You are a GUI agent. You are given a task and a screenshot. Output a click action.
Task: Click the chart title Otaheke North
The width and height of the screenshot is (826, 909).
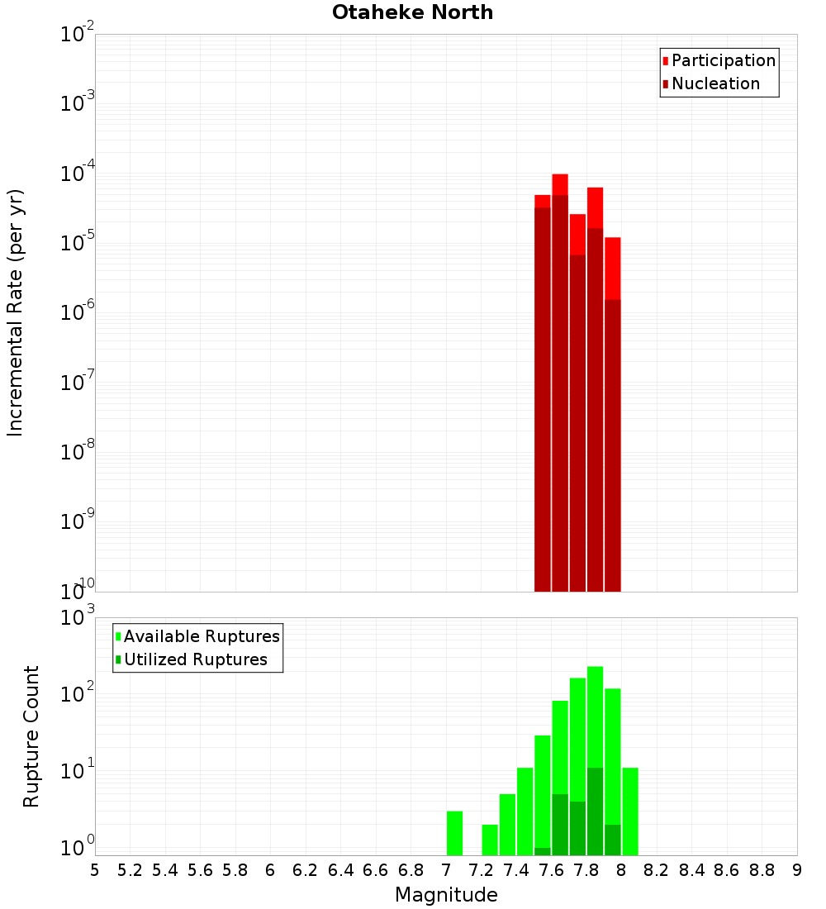[412, 12]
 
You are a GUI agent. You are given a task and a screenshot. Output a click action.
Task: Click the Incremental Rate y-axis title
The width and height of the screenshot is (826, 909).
[16, 312]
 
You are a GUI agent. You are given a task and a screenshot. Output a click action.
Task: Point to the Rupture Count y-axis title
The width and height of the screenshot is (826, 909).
[31, 736]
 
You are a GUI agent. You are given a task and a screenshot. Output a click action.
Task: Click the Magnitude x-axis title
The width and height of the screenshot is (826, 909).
[446, 895]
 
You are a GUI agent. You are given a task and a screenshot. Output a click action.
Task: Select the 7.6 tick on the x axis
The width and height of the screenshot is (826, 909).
[551, 869]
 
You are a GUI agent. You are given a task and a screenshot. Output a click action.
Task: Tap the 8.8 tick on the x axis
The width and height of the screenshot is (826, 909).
[762, 869]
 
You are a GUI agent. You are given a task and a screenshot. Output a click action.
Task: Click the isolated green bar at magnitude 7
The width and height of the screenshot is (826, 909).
[454, 833]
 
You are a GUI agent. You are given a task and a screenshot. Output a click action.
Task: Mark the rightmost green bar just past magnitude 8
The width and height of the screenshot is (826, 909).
[630, 811]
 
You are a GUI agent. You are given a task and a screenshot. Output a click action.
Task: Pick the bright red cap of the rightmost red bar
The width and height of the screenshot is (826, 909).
[612, 268]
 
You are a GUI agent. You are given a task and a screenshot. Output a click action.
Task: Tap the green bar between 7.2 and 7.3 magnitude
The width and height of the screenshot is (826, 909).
[490, 840]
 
